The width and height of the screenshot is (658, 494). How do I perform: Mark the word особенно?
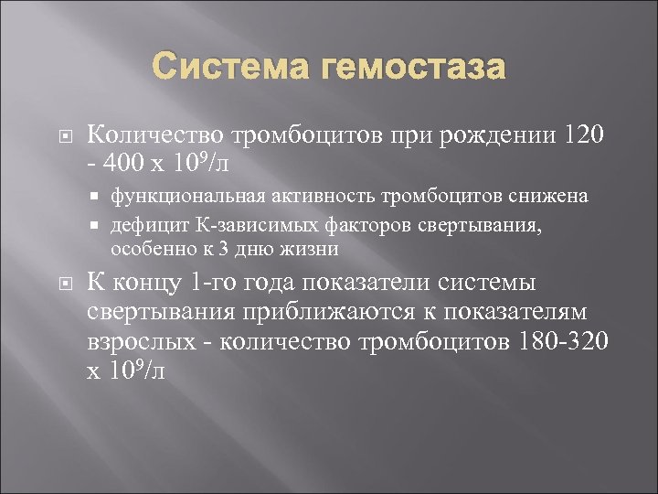[147, 248]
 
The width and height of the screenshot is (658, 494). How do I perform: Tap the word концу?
[142, 284]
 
